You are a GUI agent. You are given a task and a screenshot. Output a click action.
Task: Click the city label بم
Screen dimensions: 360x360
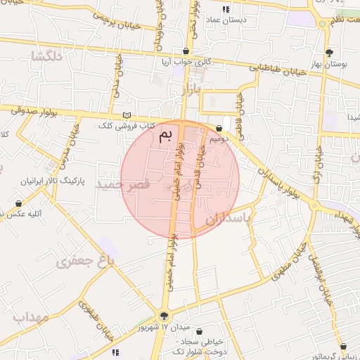[x=165, y=135]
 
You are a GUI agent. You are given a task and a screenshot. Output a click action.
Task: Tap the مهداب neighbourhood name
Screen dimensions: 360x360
[x=30, y=316]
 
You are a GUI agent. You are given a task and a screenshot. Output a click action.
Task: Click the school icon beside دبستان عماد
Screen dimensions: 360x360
[x=226, y=9]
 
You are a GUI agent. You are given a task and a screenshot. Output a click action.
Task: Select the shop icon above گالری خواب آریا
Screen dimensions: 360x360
[x=186, y=51]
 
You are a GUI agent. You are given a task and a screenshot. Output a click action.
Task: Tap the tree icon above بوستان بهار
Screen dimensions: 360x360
[x=329, y=53]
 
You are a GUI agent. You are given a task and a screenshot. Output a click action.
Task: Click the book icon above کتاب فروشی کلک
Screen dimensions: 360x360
[x=127, y=115]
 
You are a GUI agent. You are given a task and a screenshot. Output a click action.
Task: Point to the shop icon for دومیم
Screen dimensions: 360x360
[x=220, y=128]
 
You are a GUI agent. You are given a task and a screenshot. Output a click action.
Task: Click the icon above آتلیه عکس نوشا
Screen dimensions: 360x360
[x=18, y=203]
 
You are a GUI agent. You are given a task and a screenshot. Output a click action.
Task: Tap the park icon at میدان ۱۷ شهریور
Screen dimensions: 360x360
[x=165, y=316]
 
